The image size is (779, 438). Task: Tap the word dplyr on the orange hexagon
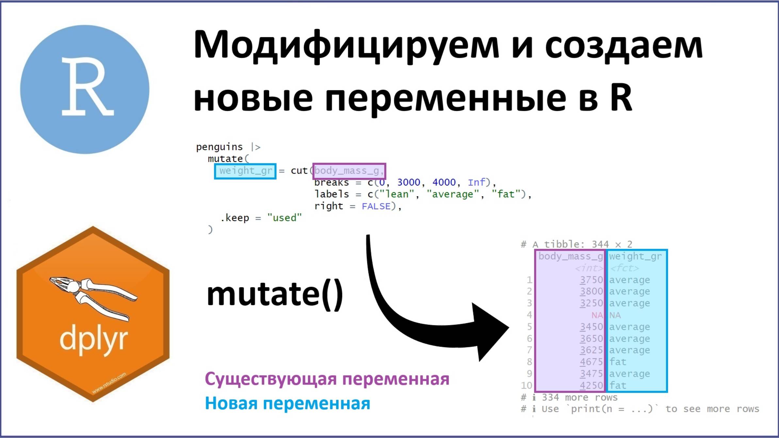[93, 339]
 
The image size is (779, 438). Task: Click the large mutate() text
[275, 294]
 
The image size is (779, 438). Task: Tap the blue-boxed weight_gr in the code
[245, 171]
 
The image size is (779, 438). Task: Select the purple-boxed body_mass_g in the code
[349, 171]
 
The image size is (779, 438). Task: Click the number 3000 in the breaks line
[408, 182]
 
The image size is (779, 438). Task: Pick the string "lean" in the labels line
[396, 195]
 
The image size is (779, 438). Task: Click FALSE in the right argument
[376, 206]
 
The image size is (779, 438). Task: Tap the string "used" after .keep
[284, 218]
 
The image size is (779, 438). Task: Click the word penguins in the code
[219, 147]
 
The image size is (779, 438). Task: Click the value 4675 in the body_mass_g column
[591, 362]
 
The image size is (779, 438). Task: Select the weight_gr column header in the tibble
[635, 257]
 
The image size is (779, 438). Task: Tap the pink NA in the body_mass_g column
[597, 315]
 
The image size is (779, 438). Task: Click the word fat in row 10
[618, 385]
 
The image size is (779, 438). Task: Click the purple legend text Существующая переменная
[327, 379]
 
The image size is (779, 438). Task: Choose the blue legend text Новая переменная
[287, 403]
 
